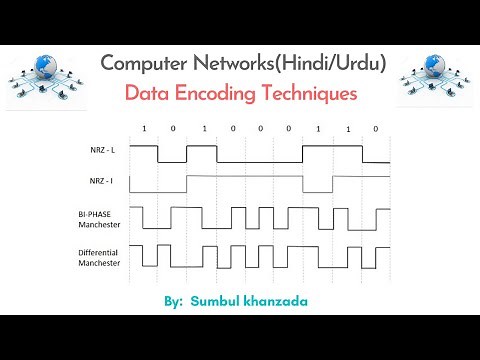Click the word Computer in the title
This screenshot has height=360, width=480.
click(x=147, y=63)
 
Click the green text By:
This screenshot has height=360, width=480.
click(x=172, y=299)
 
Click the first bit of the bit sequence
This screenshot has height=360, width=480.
click(x=143, y=129)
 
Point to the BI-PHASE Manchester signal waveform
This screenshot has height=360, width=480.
click(x=260, y=218)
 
